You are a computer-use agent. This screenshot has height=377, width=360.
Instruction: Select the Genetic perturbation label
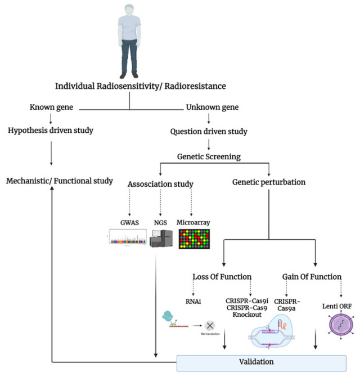(269, 183)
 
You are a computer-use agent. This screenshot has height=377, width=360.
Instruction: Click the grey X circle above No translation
(210, 325)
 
